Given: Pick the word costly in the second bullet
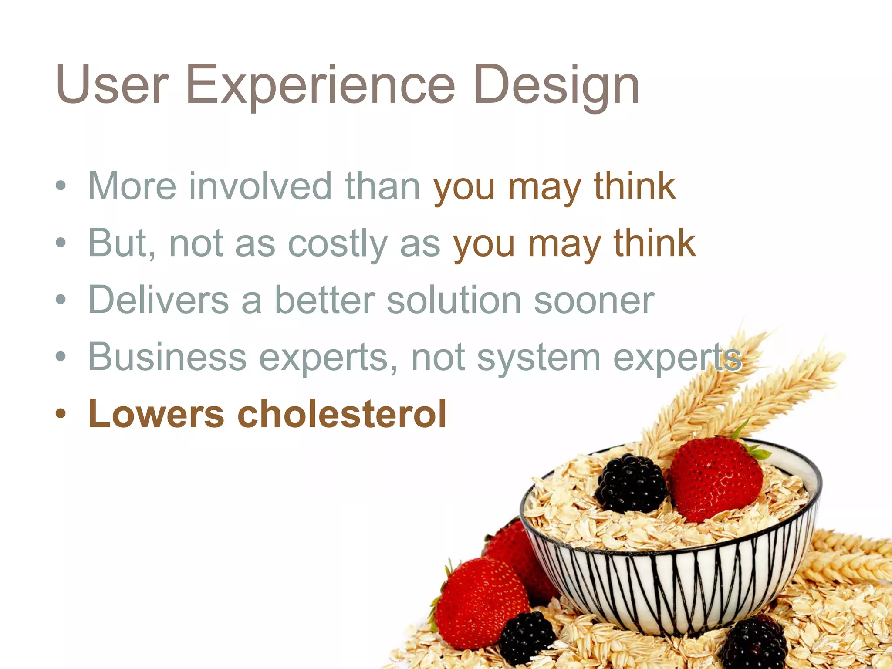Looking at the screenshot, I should [x=338, y=243].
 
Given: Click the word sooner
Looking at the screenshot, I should [x=594, y=301].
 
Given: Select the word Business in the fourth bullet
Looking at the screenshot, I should [x=168, y=357].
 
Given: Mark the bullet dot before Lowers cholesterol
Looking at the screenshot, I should [x=61, y=414].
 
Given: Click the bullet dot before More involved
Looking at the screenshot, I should [x=61, y=186].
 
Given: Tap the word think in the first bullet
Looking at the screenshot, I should [x=635, y=186].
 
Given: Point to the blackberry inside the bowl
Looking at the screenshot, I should [x=631, y=483].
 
